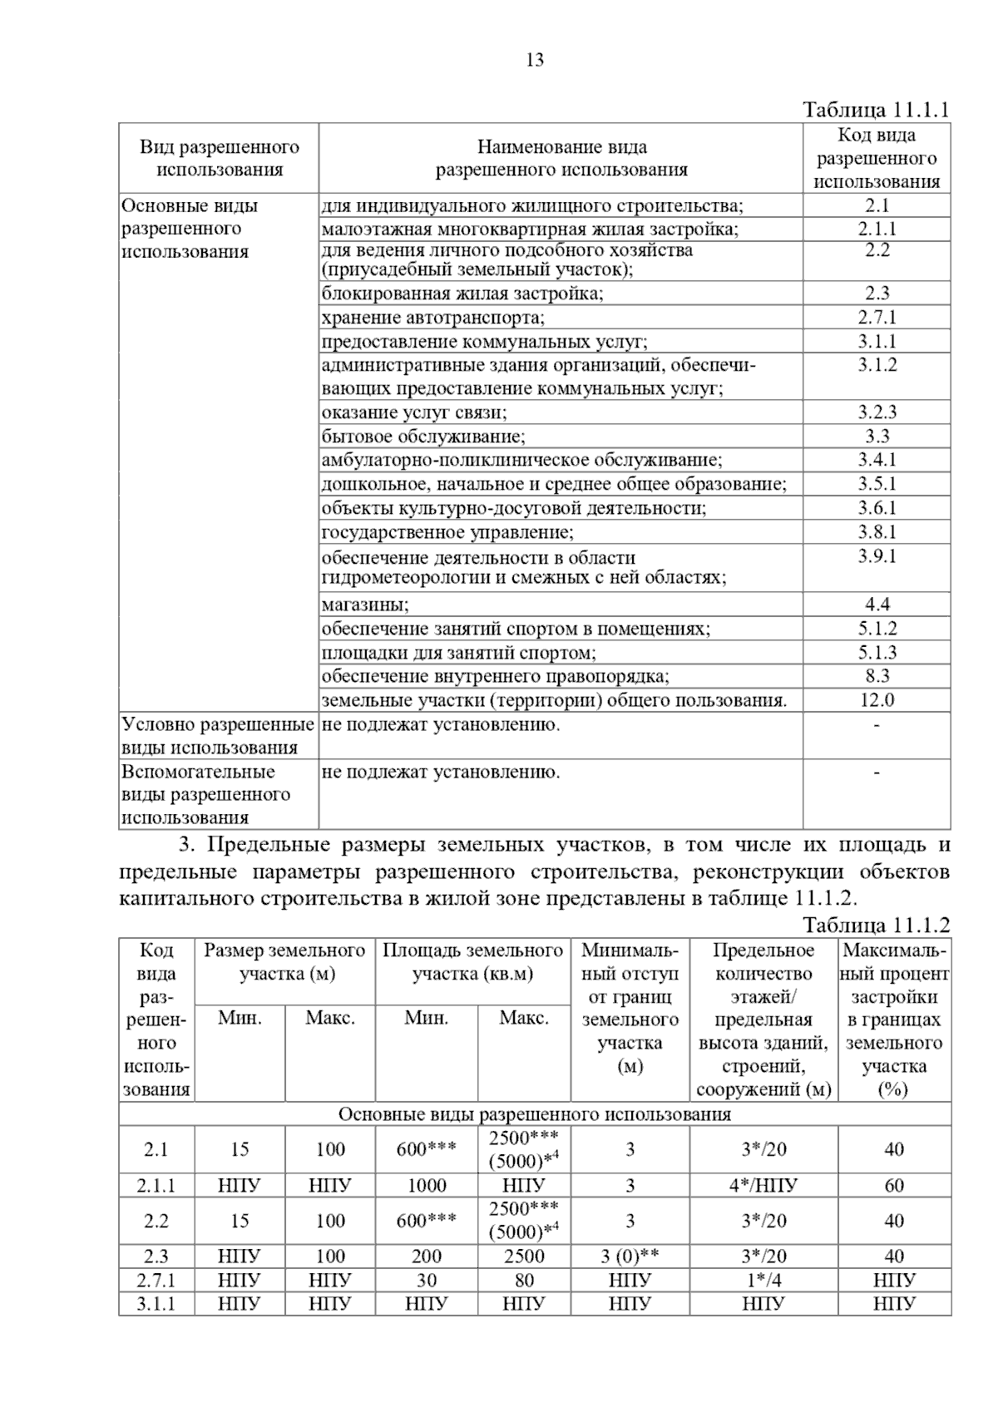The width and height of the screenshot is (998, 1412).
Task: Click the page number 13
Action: (x=535, y=60)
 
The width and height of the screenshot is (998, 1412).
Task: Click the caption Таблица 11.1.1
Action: (x=876, y=110)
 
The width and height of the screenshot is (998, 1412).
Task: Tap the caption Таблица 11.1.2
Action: (x=876, y=925)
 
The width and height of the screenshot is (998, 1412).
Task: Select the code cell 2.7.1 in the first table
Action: (x=877, y=317)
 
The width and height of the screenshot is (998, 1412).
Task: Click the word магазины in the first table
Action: (x=365, y=605)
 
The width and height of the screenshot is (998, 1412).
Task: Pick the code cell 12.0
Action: (x=877, y=700)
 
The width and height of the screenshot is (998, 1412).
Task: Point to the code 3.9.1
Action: (x=877, y=556)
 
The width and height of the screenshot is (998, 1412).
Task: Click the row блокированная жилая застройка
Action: (x=462, y=293)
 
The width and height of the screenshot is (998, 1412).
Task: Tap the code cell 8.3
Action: (x=877, y=676)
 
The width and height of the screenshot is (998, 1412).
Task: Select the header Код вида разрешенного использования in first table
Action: (x=877, y=158)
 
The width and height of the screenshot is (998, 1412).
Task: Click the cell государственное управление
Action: (x=447, y=532)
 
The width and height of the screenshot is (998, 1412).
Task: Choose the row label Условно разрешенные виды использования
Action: (x=217, y=736)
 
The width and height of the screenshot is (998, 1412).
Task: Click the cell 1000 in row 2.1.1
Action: (x=426, y=1186)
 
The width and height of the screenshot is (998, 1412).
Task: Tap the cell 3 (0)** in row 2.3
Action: (x=630, y=1256)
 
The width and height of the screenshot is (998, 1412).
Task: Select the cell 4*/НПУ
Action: (x=763, y=1186)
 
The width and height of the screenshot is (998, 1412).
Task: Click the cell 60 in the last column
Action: (x=894, y=1186)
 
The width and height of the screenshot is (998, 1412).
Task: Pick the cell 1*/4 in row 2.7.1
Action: (x=763, y=1281)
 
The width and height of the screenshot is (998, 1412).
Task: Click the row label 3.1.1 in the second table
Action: (x=156, y=1304)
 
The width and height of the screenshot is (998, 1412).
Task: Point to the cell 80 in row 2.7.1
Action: (x=524, y=1281)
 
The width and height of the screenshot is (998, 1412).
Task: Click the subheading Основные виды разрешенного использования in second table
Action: (x=535, y=1114)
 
